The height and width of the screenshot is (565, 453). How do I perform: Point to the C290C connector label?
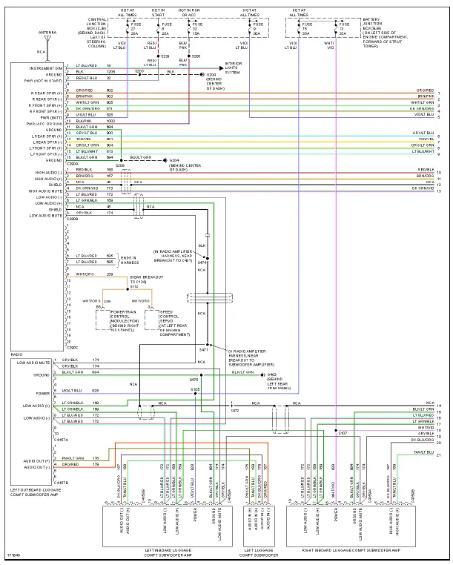coord(72,348)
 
